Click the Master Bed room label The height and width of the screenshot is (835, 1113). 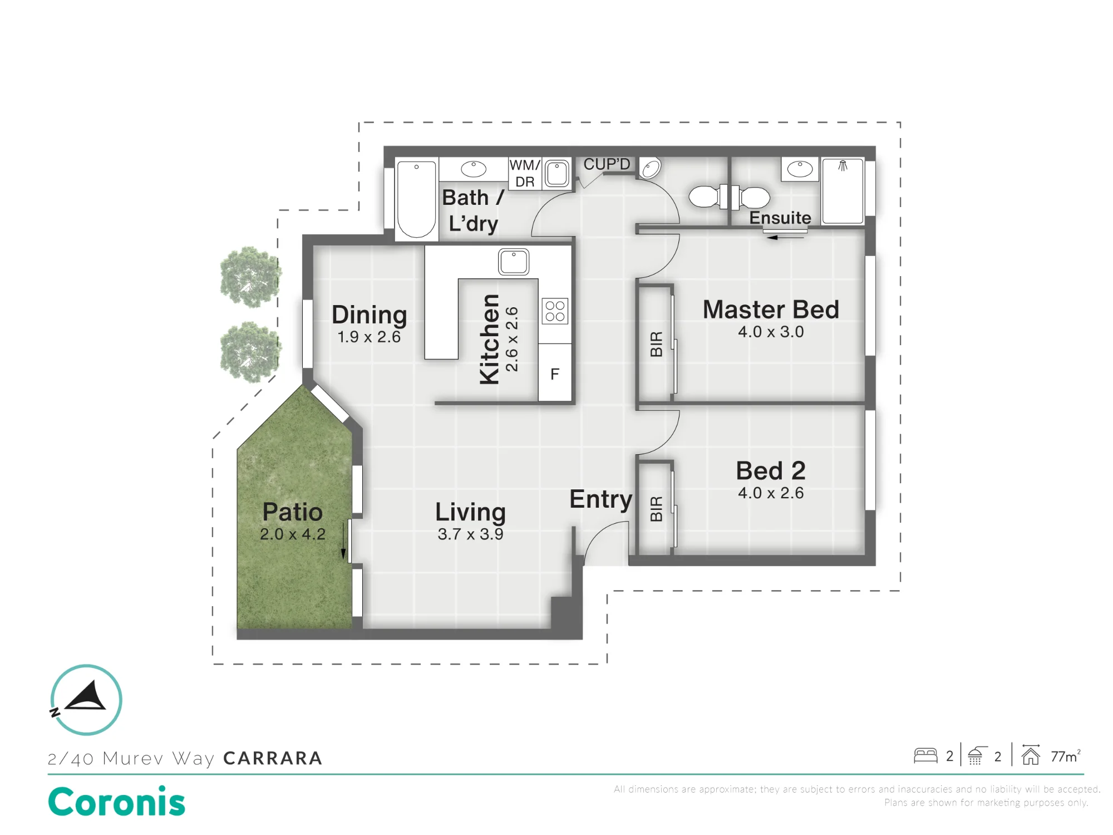coord(771,310)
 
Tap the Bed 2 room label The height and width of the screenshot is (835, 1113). coord(771,471)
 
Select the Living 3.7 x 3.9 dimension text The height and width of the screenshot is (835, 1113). coord(470,534)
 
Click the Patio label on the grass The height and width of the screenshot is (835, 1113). coord(292,512)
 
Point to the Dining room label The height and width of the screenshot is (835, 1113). coord(369,316)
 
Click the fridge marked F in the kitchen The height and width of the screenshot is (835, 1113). coord(555,372)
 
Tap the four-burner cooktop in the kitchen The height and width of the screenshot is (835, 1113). coord(555,311)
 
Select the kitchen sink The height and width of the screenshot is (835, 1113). coord(513,262)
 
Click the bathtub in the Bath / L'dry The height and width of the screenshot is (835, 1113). coord(416,200)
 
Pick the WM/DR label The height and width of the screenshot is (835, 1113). coord(525,173)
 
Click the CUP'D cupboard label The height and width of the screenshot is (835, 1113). coord(607,164)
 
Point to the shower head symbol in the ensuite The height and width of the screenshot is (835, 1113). coord(843,165)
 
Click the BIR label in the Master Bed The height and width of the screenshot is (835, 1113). coord(657,343)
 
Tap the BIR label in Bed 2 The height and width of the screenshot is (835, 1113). coord(657,508)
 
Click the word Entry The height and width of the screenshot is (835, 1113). coord(600,500)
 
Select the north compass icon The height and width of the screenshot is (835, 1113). coord(86,700)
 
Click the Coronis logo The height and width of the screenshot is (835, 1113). coord(117,802)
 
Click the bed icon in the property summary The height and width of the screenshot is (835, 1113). coord(925,755)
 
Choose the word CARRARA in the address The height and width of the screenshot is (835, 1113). coord(273,758)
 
